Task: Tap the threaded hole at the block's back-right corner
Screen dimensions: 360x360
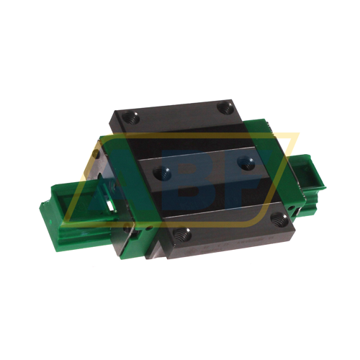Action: pos(223,107)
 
